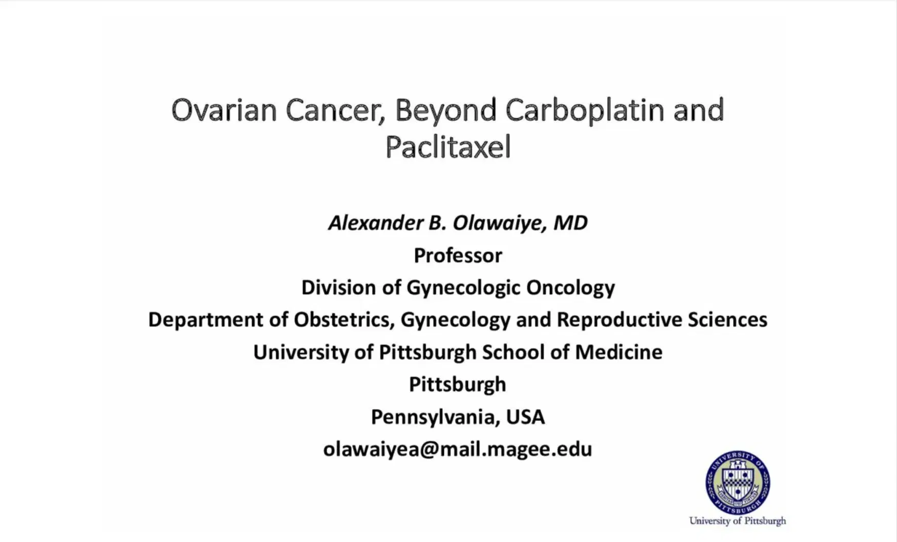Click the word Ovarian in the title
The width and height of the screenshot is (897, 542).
pos(224,110)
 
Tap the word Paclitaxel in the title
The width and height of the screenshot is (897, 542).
pos(448,147)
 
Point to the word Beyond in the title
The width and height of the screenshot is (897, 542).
pos(446,111)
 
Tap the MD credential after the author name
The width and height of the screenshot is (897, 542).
pos(570,223)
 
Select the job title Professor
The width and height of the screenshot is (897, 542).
pos(458,255)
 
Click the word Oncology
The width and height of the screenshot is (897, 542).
pos(570,287)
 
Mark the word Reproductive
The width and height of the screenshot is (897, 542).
pos(618,320)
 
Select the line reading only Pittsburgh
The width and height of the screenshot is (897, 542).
pos(457,385)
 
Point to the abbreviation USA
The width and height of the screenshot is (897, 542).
pos(525,417)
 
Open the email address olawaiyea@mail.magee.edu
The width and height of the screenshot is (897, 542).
pos(457,449)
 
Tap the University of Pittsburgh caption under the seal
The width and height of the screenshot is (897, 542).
pos(737,521)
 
